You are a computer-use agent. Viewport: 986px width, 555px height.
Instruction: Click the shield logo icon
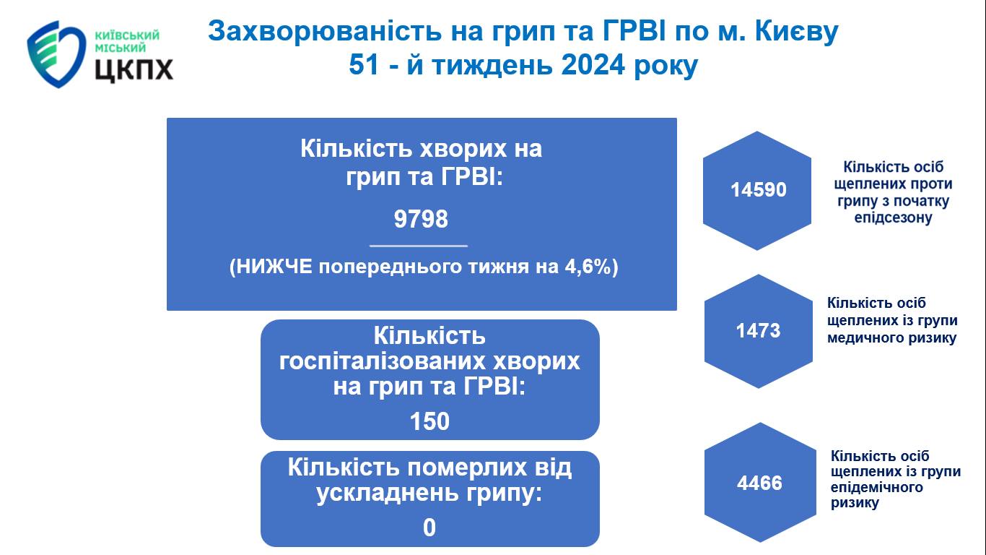point(56,53)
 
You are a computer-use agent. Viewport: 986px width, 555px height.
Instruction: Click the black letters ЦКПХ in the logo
point(134,69)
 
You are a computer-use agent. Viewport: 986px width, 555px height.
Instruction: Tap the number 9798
point(421,219)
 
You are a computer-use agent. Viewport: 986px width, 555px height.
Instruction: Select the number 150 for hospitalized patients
point(429,421)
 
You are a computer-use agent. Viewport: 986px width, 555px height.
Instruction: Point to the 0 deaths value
point(429,528)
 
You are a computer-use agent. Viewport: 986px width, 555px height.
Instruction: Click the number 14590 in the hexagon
point(759,190)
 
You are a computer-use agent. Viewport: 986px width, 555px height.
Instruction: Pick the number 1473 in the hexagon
point(758,331)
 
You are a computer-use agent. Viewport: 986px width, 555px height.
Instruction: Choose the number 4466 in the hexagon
point(759,483)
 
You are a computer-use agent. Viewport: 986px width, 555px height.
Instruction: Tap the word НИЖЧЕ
point(275,267)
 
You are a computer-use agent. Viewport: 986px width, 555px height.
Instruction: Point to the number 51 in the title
point(364,65)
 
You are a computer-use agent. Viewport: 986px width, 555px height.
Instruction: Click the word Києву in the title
point(797,32)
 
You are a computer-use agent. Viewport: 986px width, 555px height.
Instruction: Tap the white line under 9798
point(419,246)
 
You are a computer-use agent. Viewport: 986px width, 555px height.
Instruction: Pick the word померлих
point(466,468)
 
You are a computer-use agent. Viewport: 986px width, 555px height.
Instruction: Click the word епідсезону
point(893,218)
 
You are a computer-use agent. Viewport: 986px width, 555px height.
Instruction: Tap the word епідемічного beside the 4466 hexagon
point(877,488)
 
